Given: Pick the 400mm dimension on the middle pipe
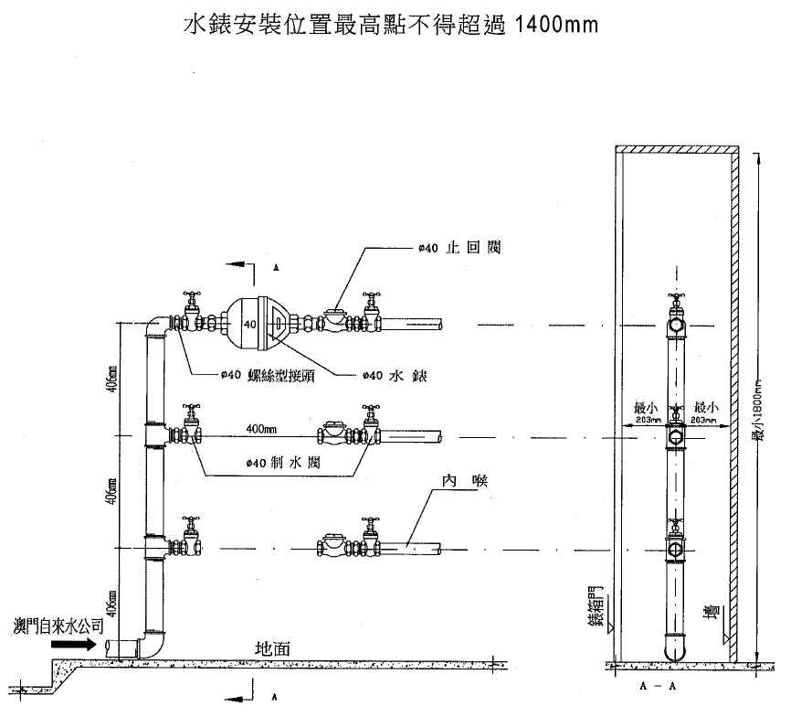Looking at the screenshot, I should pyautogui.click(x=264, y=428).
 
